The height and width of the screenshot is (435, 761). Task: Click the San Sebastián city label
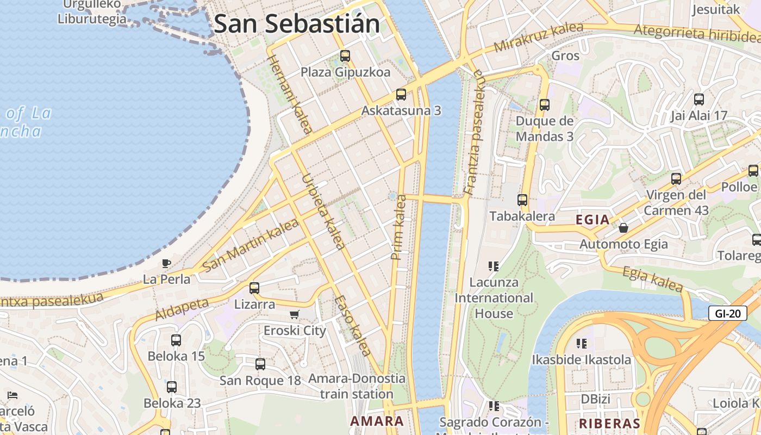point(297,24)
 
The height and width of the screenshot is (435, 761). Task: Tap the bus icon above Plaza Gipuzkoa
point(345,55)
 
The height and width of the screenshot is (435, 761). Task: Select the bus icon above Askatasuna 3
point(401,95)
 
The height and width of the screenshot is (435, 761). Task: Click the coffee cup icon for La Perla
point(166,264)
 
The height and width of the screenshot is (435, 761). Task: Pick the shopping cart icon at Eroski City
point(295,314)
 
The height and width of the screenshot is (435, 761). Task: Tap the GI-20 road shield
point(727,313)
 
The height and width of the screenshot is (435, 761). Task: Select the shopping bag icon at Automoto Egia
point(623,228)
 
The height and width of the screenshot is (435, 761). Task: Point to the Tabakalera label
point(522,216)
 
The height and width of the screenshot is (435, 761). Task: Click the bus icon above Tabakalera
point(522,200)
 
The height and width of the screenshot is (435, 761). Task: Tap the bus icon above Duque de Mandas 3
point(545,105)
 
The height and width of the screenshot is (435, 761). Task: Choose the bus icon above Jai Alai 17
point(699,100)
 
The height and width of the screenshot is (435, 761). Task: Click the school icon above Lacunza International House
point(494,266)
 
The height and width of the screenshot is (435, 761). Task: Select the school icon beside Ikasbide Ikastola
point(582,344)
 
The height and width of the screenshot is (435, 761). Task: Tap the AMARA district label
point(377,421)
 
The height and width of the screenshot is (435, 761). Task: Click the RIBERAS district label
point(609,424)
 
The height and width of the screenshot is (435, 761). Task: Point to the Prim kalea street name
point(399,227)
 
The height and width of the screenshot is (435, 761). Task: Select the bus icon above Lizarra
point(254,288)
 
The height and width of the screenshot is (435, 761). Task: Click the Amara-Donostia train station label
point(357,386)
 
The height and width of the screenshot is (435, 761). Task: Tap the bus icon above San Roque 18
point(260,364)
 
